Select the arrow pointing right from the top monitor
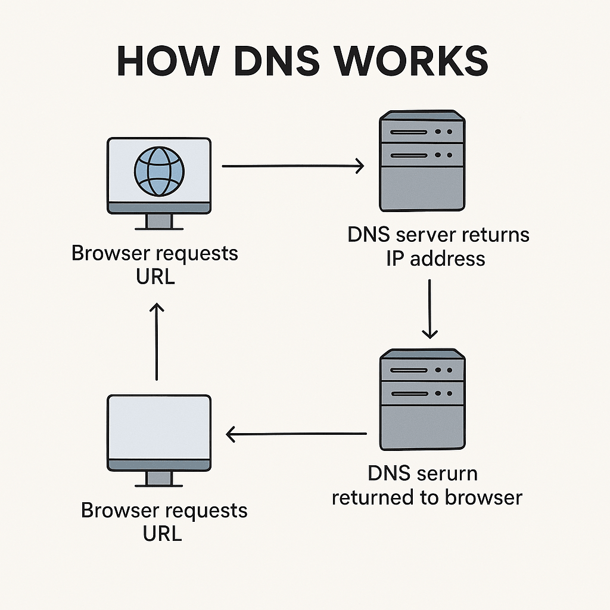click(x=292, y=167)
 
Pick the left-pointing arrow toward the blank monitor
click(x=297, y=434)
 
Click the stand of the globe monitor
click(x=158, y=222)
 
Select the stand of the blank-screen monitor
click(x=158, y=478)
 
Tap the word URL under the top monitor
click(x=155, y=277)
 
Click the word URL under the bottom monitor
click(x=162, y=534)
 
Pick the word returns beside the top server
click(x=492, y=235)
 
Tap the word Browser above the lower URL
click(x=123, y=511)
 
